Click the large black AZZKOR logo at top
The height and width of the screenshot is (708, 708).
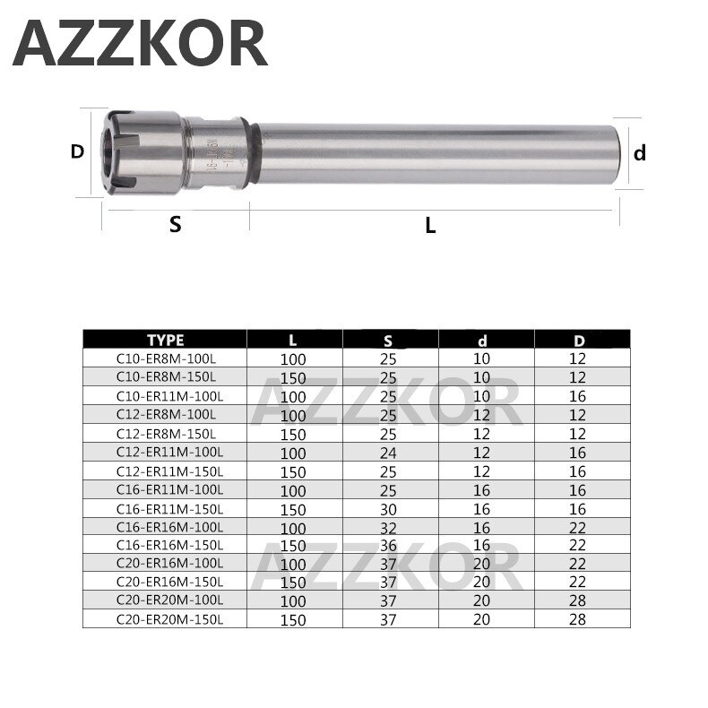142,44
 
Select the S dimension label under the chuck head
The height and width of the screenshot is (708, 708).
175,225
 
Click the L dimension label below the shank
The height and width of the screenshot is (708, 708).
430,227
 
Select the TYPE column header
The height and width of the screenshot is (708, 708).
165,340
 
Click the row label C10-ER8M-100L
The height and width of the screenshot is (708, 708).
165,358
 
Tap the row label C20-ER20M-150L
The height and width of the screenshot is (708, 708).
165,617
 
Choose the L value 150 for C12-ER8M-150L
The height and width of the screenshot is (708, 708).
295,434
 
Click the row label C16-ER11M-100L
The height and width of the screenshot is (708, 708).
165,488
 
